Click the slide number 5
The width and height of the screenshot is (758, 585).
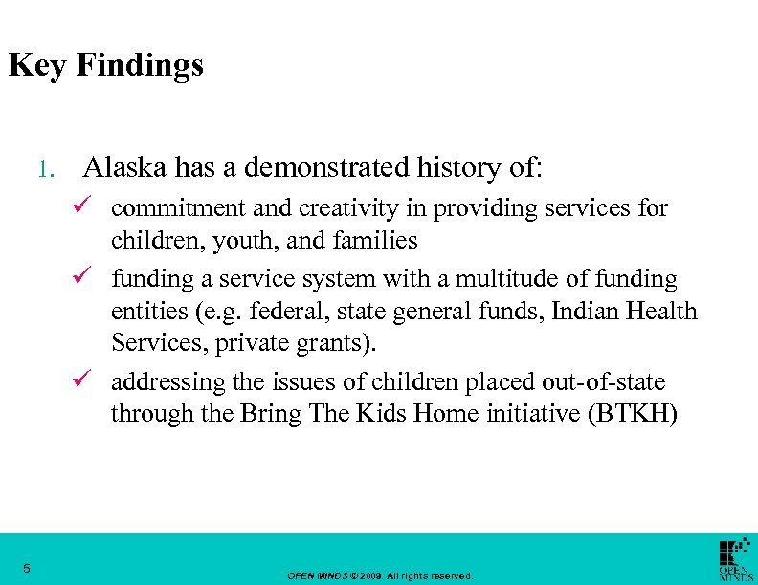click(27, 569)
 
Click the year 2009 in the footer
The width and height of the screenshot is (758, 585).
click(371, 576)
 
